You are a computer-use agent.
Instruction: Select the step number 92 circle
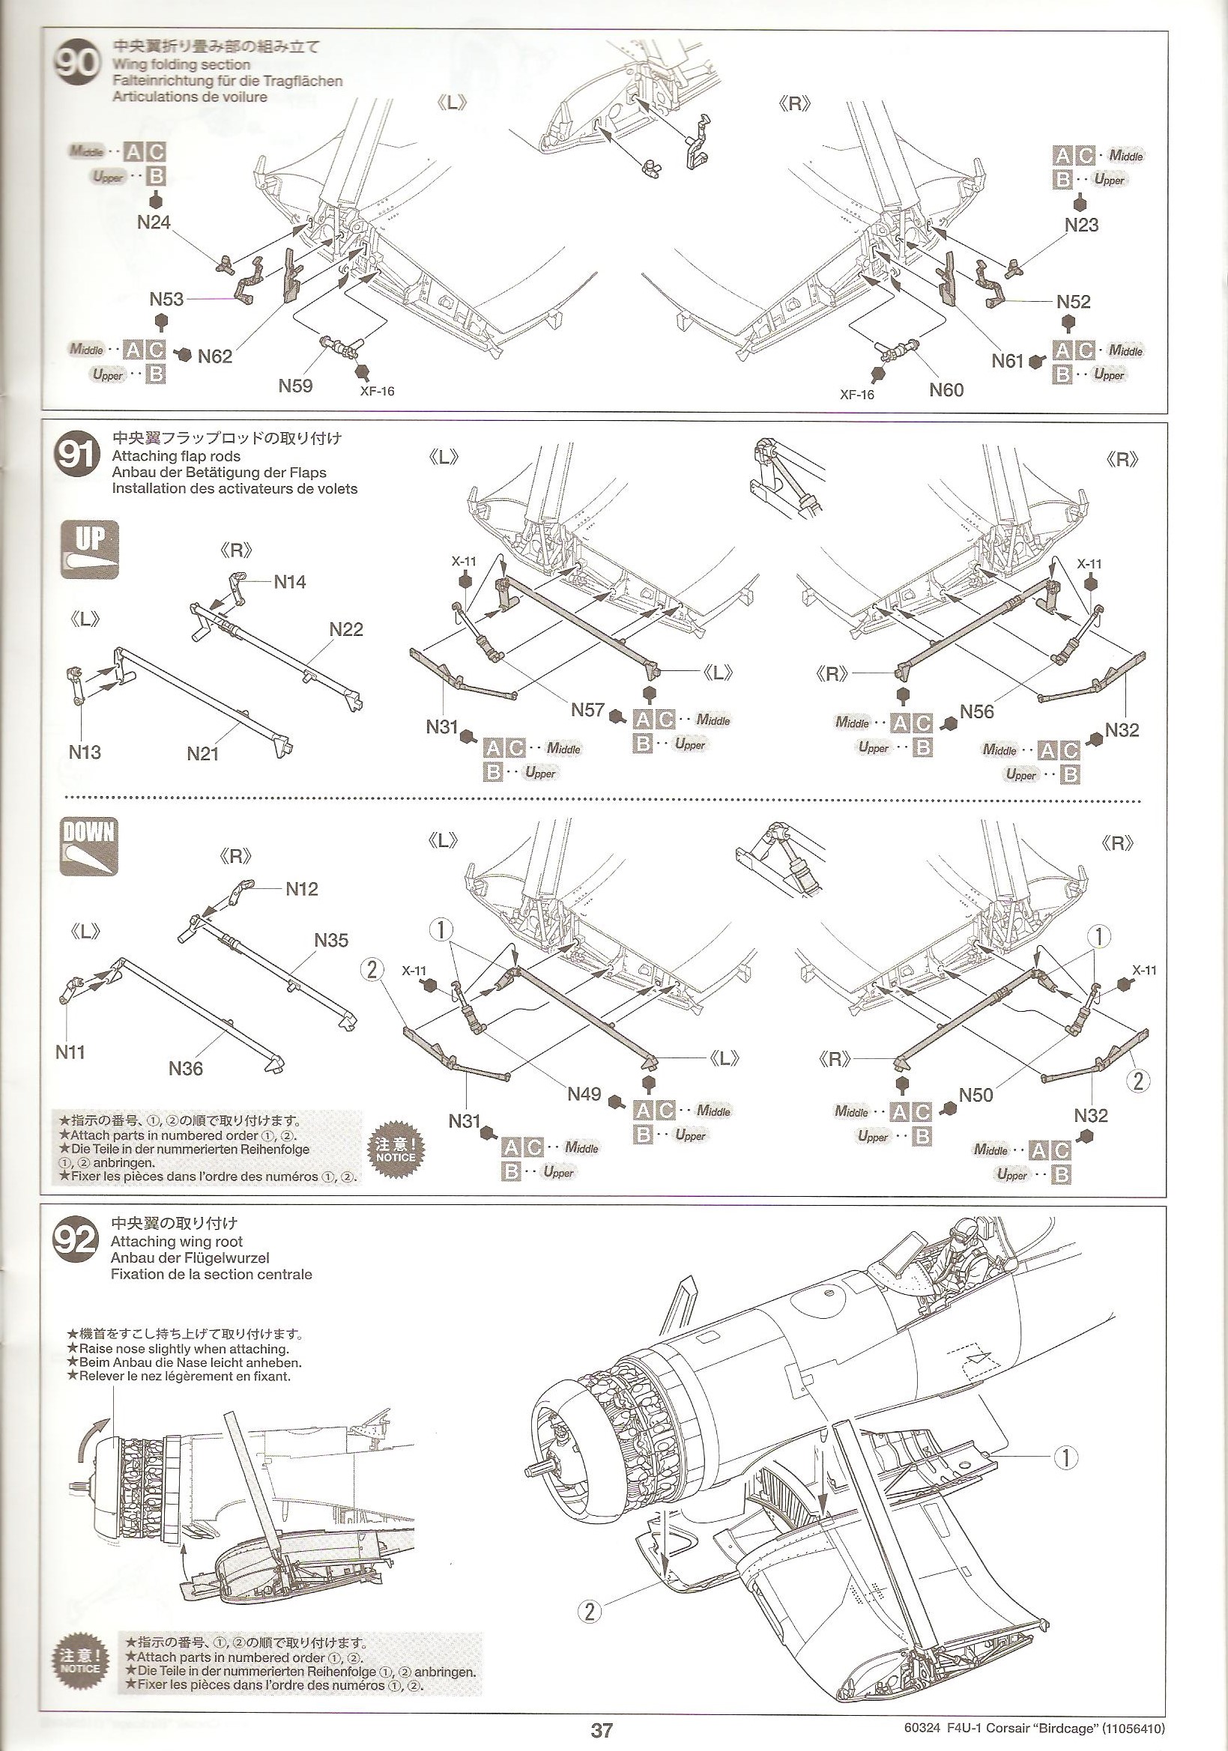click(x=76, y=1239)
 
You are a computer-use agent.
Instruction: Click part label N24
click(x=154, y=222)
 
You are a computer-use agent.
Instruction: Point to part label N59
click(x=295, y=386)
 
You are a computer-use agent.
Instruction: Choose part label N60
click(x=946, y=389)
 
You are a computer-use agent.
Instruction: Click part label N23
click(x=1082, y=225)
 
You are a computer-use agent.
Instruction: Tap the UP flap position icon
click(x=90, y=548)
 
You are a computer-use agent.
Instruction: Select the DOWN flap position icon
click(x=90, y=845)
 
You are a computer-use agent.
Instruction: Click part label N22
click(x=346, y=629)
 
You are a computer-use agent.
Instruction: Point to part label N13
click(x=85, y=752)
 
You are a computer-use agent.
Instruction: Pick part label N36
click(x=186, y=1069)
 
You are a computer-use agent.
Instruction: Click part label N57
click(x=588, y=710)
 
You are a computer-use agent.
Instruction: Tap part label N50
click(x=976, y=1095)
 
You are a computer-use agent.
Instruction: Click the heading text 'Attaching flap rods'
click(x=175, y=456)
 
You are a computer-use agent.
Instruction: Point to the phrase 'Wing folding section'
click(x=181, y=65)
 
